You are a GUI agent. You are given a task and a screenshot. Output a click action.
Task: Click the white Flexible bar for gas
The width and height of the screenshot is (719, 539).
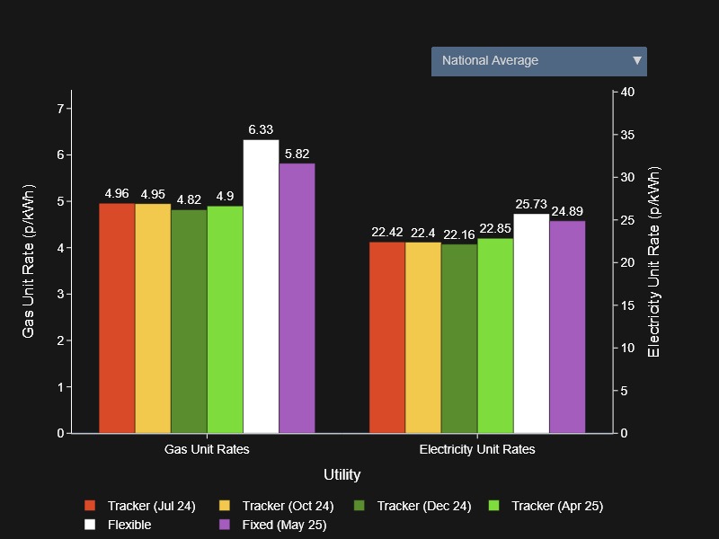[261, 287]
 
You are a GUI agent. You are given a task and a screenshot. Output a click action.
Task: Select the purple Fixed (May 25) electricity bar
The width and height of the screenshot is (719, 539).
[567, 327]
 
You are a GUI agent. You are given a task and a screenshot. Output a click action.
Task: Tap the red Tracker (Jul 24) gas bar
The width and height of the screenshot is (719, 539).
[117, 318]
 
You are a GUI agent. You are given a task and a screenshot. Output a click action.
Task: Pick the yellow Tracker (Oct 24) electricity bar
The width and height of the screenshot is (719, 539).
[423, 338]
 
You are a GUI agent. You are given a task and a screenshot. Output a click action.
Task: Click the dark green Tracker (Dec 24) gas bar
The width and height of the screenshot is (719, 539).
[189, 322]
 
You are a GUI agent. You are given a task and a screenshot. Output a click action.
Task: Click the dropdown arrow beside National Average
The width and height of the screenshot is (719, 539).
[637, 61]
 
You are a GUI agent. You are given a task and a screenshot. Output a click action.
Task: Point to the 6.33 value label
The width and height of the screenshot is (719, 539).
[261, 130]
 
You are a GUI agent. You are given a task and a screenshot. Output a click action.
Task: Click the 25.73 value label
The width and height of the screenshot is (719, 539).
[531, 205]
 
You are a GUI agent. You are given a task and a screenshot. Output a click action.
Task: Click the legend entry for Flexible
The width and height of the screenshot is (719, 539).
[129, 525]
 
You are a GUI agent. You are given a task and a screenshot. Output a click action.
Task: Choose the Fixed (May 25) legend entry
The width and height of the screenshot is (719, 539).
[284, 525]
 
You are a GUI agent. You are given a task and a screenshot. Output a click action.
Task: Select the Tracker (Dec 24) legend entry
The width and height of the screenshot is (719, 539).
[423, 506]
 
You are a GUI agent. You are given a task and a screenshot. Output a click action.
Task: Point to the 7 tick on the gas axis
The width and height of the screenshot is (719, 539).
[60, 109]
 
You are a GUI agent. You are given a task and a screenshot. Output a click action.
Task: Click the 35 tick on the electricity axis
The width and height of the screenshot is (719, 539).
[627, 135]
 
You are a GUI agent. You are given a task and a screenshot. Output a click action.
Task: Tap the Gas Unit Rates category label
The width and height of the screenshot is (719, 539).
[207, 449]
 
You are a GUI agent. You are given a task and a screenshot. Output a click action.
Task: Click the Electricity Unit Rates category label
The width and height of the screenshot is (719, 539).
[477, 449]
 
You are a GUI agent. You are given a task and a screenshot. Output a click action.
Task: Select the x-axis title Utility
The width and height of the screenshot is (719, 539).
[342, 474]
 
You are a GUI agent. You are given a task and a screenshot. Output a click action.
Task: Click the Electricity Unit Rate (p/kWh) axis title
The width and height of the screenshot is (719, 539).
[653, 262]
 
